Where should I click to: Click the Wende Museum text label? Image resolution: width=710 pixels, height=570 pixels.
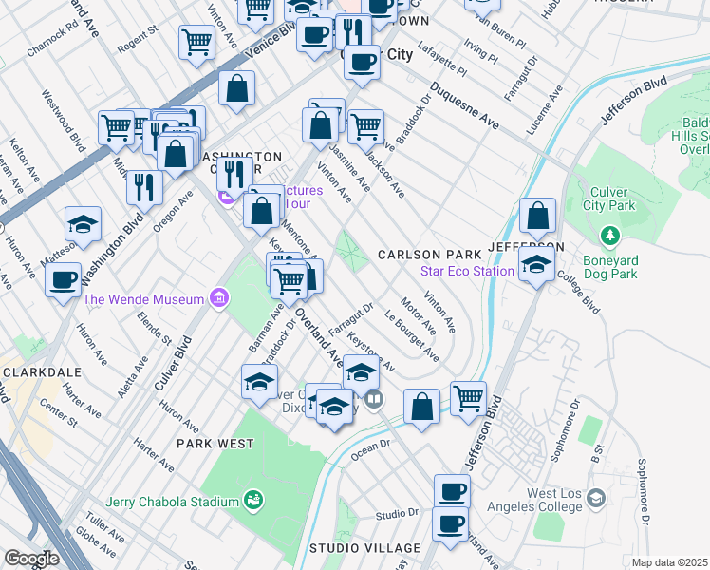143,299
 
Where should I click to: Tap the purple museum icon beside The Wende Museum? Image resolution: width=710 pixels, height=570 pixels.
218,299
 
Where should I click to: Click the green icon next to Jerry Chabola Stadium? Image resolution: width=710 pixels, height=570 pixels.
252,500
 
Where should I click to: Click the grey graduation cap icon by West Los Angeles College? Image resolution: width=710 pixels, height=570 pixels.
595,498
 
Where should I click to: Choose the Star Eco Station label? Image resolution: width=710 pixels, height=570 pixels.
467,272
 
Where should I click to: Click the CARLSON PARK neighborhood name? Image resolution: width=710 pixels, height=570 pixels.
423,255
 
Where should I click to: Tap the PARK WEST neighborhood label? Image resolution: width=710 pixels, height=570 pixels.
215,444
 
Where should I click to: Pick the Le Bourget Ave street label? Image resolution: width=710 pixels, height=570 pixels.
411,335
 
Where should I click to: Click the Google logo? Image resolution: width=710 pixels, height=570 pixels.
31,559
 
